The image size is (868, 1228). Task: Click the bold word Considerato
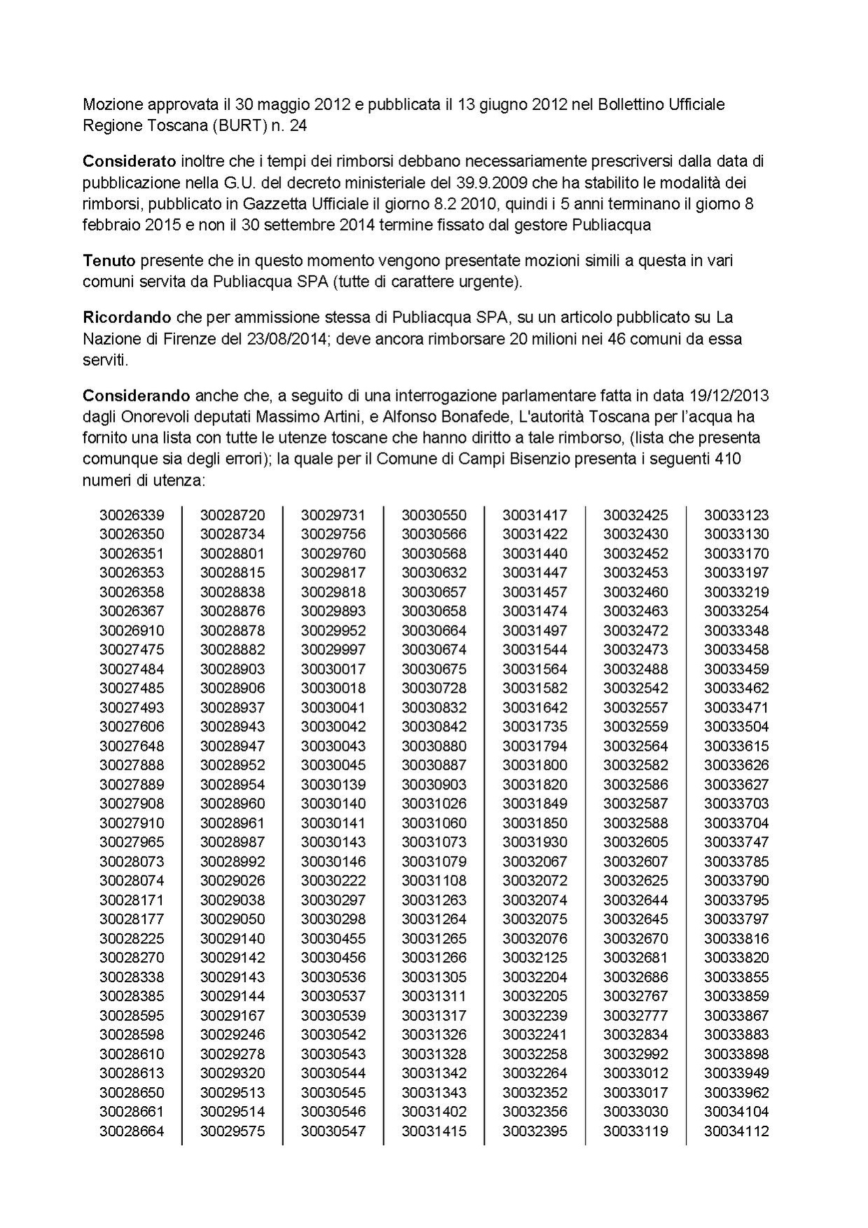click(x=129, y=161)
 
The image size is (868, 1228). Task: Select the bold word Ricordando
click(x=128, y=317)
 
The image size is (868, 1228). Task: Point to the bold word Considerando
click(x=137, y=396)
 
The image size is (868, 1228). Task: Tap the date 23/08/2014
click(x=287, y=340)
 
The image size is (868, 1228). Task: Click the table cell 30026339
click(x=132, y=516)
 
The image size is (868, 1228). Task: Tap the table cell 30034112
click(x=736, y=1131)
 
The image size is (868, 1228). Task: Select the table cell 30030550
click(x=434, y=516)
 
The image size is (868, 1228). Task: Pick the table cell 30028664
click(x=132, y=1131)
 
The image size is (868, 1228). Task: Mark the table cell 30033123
click(x=736, y=516)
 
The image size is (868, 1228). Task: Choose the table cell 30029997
click(x=333, y=650)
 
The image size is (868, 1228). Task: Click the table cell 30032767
click(x=635, y=996)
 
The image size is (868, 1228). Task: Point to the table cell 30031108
click(x=434, y=881)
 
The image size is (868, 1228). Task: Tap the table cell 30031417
click(x=535, y=516)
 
